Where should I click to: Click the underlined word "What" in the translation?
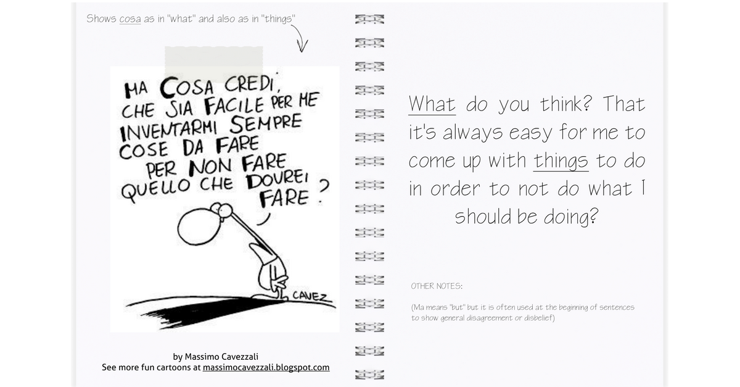click(x=432, y=104)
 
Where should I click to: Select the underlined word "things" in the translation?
click(x=561, y=162)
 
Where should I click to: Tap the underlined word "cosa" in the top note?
click(x=130, y=19)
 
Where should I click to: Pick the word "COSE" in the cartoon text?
click(x=144, y=151)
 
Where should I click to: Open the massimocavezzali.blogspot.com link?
click(x=266, y=367)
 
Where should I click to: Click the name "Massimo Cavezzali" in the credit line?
click(x=221, y=357)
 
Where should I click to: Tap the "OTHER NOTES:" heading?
click(x=437, y=286)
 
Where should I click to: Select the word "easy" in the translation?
click(x=531, y=133)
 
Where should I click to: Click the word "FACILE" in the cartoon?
click(x=234, y=106)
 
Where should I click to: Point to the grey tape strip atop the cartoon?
click(x=214, y=64)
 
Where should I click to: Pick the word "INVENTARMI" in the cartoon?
click(x=168, y=131)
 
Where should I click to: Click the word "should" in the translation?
click(x=483, y=217)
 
